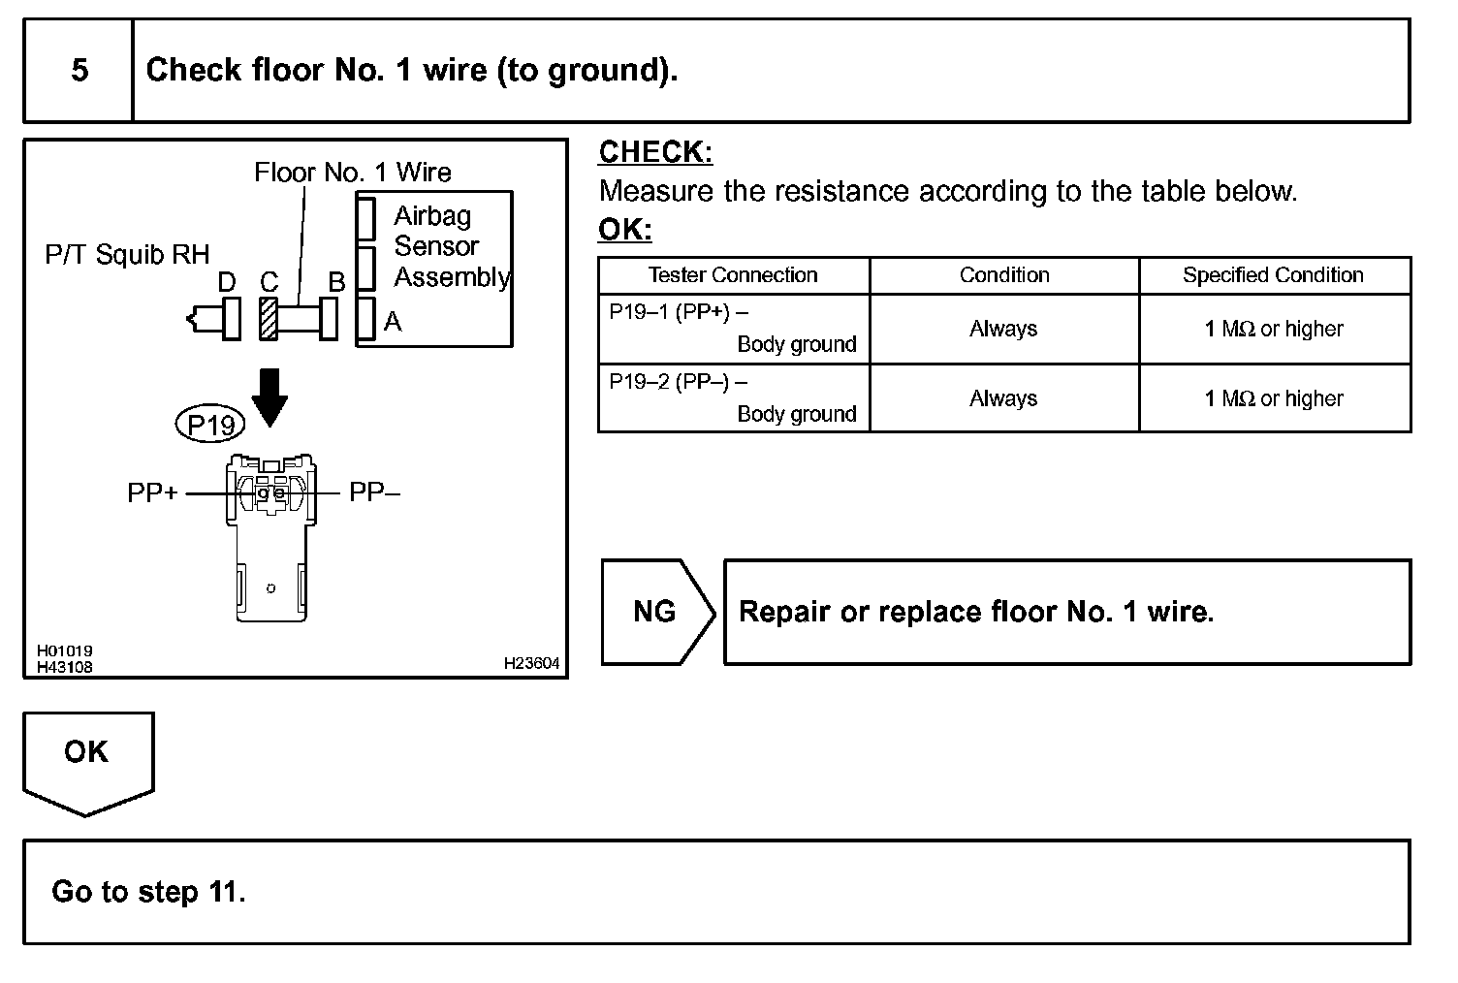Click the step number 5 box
(79, 71)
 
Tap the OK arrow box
(87, 756)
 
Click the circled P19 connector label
(210, 425)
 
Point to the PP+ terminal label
(153, 493)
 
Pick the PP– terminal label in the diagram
(374, 493)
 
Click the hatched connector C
(269, 318)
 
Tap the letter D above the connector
(227, 282)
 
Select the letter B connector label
(336, 282)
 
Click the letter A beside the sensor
(393, 321)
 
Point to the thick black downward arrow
(269, 396)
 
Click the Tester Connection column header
(733, 275)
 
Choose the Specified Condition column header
(1273, 275)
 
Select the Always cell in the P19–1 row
(1003, 330)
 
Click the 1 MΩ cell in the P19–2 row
(1274, 398)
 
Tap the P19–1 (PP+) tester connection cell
(733, 329)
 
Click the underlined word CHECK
(655, 152)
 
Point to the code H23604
(531, 664)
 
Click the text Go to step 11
(148, 892)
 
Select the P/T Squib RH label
(127, 255)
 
